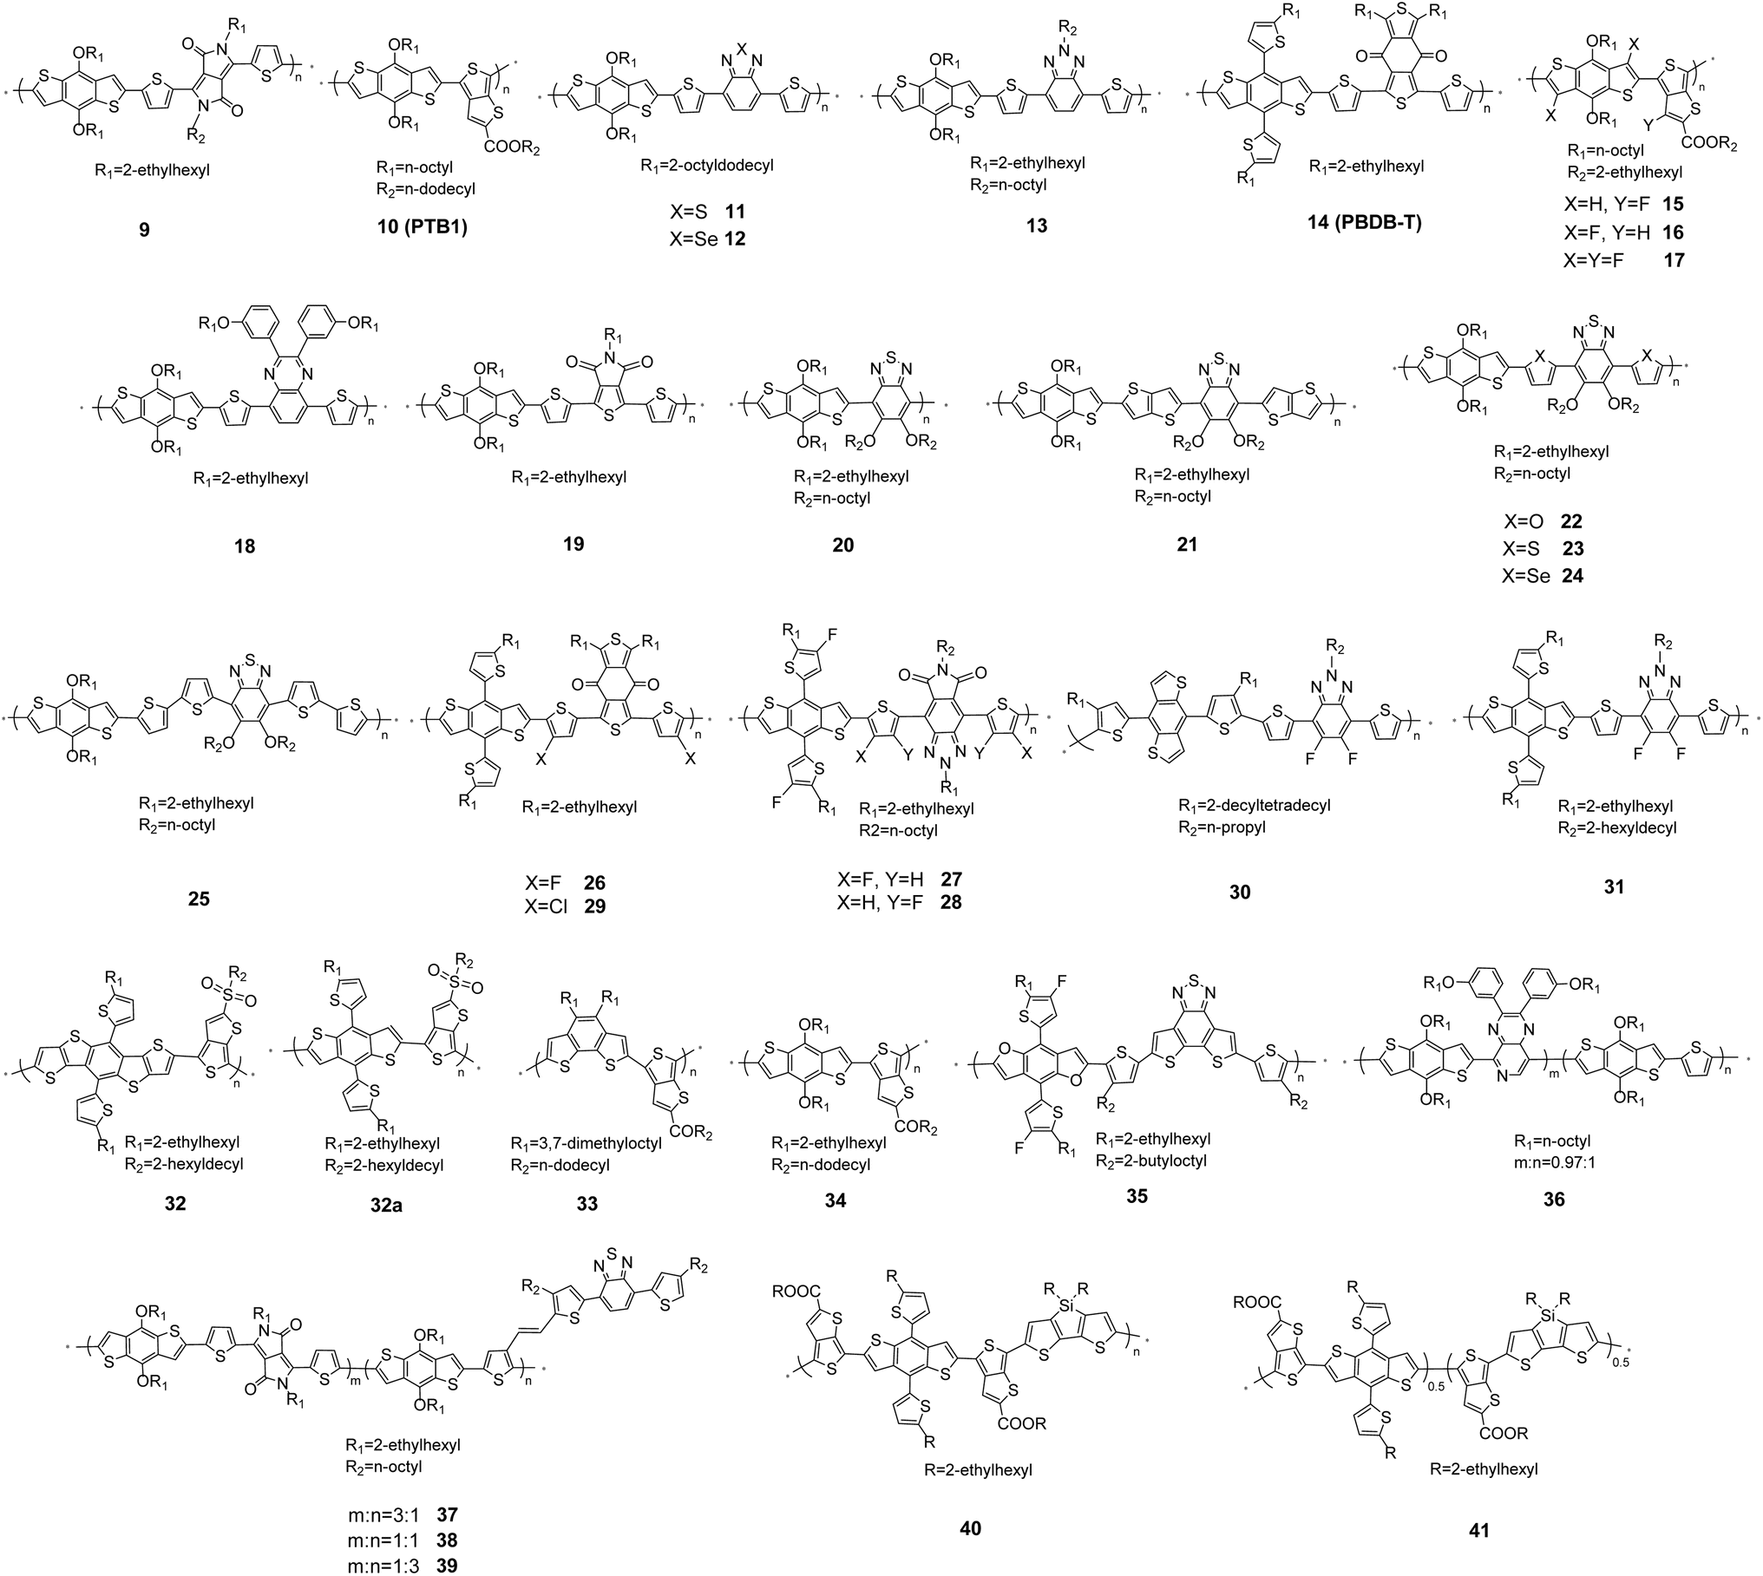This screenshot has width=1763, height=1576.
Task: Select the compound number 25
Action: point(199,899)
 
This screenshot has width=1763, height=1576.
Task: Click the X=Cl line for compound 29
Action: point(565,907)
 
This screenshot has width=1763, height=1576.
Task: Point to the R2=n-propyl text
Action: point(1222,827)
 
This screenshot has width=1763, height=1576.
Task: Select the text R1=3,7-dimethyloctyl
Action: point(586,1143)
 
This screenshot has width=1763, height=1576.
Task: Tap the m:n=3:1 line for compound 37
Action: point(402,1515)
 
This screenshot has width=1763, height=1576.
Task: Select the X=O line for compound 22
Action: point(1543,521)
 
